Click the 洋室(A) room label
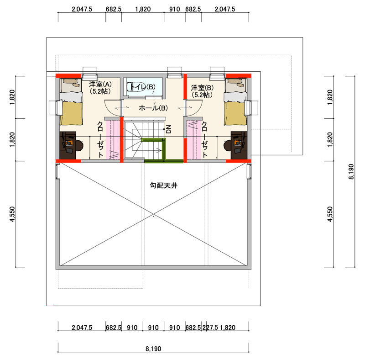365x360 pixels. coord(100,84)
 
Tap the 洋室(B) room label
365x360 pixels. coord(202,88)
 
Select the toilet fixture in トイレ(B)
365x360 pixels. coord(136,87)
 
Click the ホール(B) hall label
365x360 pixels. coord(153,108)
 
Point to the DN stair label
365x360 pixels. coord(168,129)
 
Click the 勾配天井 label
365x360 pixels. coord(164,185)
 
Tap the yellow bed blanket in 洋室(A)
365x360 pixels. coord(71,113)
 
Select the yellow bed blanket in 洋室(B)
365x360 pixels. coord(235,113)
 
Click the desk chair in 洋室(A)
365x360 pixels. coord(79,146)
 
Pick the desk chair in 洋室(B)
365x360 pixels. coord(227,146)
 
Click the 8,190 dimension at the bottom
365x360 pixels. coord(153,349)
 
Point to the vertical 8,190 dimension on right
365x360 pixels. coord(351,172)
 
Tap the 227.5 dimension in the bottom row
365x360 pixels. coord(210,328)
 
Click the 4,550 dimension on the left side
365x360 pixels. coord(12,214)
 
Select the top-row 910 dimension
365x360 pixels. coord(175,9)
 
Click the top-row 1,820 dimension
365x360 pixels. coord(143,9)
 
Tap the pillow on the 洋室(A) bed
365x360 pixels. coord(71,81)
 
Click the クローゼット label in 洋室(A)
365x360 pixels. coord(100,139)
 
